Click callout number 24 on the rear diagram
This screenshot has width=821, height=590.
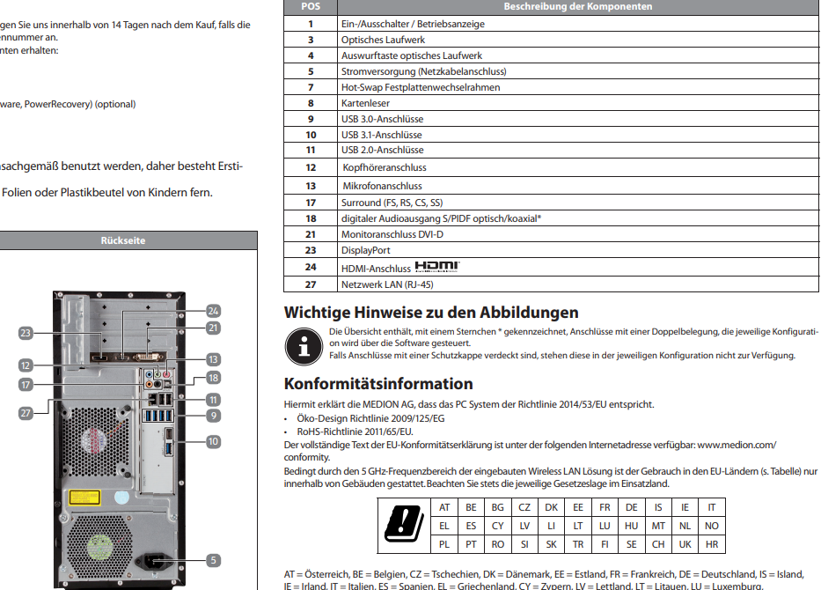pyautogui.click(x=212, y=311)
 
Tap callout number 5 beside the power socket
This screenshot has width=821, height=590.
pyautogui.click(x=213, y=559)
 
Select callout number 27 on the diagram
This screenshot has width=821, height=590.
pyautogui.click(x=26, y=413)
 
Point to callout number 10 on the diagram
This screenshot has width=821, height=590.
pyautogui.click(x=213, y=439)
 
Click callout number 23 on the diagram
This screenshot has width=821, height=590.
pyautogui.click(x=26, y=333)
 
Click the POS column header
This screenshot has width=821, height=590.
pyautogui.click(x=311, y=6)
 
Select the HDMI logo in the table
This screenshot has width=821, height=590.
pyautogui.click(x=437, y=267)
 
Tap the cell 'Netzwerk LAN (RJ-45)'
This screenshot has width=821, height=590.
pyautogui.click(x=387, y=284)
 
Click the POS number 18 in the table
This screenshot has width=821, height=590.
pyautogui.click(x=311, y=218)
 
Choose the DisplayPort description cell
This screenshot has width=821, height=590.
pyautogui.click(x=365, y=250)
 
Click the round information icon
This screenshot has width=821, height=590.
pyautogui.click(x=304, y=344)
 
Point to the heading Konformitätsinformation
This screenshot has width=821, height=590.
pyautogui.click(x=378, y=384)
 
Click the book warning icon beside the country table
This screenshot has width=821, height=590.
pyautogui.click(x=405, y=526)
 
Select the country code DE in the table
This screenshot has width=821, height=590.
pyautogui.click(x=631, y=507)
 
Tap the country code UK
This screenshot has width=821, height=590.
pyautogui.click(x=685, y=544)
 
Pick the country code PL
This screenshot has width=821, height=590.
pyautogui.click(x=444, y=544)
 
